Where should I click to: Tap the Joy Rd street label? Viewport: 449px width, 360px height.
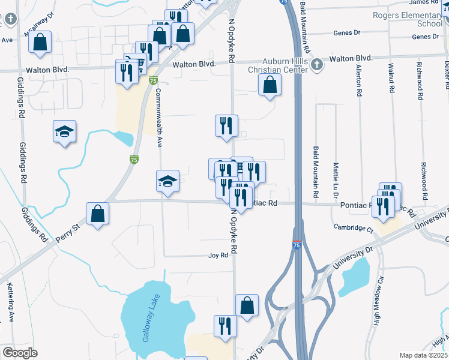point(218,255)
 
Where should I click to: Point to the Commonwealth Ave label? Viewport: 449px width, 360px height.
point(160,118)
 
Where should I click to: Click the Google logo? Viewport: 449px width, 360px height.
point(20,353)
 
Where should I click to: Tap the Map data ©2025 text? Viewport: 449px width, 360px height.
point(424,355)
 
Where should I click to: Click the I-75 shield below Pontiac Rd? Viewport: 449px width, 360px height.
point(297,245)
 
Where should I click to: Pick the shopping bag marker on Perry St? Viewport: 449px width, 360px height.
point(97,214)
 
